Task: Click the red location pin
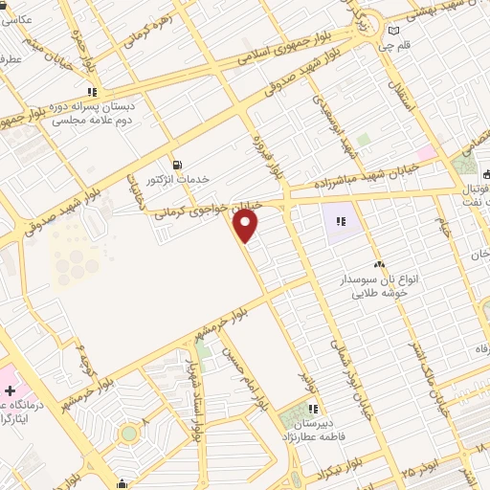246,226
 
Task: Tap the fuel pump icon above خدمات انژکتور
175,165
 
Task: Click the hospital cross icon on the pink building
10,391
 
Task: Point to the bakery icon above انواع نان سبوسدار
380,264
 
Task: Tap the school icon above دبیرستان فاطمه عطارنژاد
312,409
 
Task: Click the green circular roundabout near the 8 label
128,434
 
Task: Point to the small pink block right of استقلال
426,152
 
